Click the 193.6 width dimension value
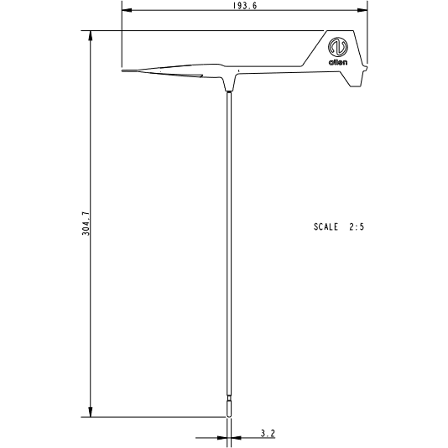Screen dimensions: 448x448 244,5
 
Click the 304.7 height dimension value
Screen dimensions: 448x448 85,224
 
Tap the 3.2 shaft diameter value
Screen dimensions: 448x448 267,433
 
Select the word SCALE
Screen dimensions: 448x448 326,227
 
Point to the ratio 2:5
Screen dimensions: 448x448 356,227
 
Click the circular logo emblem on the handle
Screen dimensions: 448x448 338,45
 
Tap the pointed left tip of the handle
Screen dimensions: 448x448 123,71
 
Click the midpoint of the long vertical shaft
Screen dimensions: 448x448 228,252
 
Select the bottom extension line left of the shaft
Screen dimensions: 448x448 151,417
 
